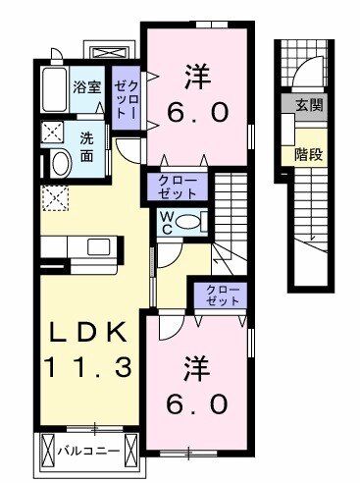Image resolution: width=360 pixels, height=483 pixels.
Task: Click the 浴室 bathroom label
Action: [x=86, y=86]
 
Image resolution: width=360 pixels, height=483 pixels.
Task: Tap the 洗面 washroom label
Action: [x=88, y=145]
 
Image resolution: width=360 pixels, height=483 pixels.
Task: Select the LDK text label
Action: [x=88, y=335]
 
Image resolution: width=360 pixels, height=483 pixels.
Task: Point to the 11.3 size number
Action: [x=88, y=369]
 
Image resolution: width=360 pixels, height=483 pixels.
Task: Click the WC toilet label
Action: [x=168, y=222]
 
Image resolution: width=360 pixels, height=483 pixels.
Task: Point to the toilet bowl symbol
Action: [x=193, y=221]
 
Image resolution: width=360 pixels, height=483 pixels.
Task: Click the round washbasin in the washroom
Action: [x=58, y=163]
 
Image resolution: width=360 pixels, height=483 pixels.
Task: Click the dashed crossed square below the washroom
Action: [x=55, y=202]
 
